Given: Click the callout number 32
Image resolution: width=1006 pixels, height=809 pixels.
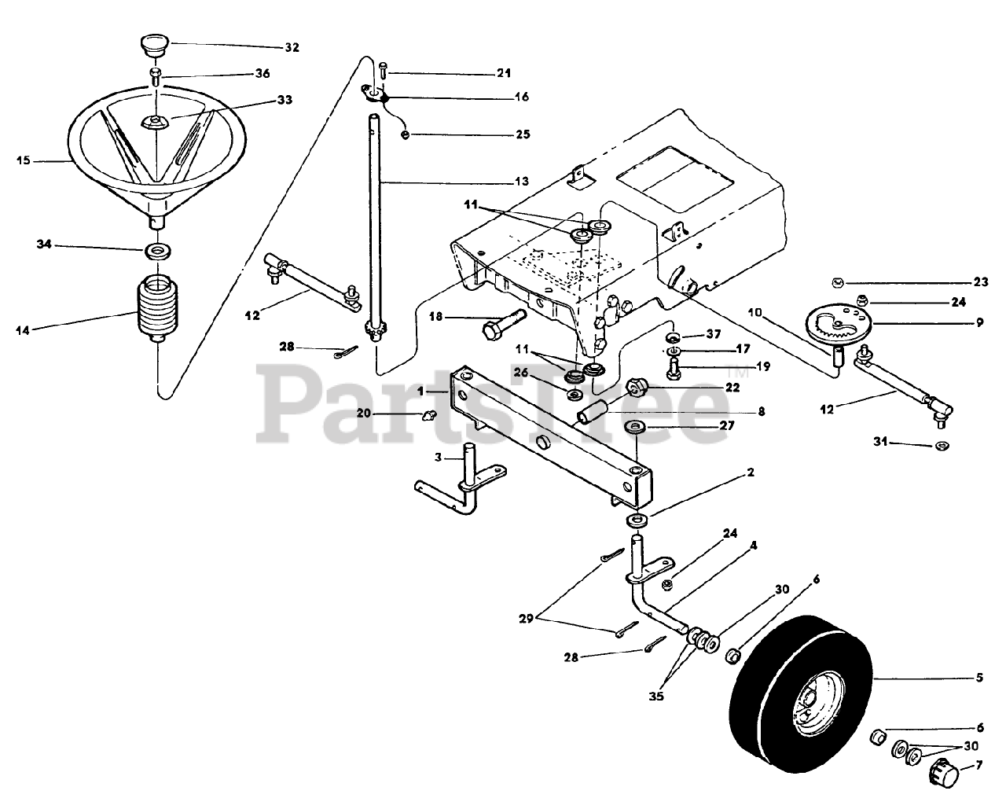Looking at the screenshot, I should click(292, 47).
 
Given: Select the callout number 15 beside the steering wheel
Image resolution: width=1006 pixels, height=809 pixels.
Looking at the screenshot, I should click(23, 161).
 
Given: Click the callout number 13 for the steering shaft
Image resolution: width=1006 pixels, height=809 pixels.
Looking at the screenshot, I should click(522, 181).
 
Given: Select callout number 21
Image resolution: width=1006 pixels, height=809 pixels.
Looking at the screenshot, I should click(503, 73).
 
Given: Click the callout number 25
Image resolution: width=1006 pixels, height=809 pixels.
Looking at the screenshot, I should click(522, 134).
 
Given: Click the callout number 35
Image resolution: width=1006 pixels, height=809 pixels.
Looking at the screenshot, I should click(656, 696).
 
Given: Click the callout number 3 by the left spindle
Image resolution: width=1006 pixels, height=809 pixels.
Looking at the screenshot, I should click(440, 458).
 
